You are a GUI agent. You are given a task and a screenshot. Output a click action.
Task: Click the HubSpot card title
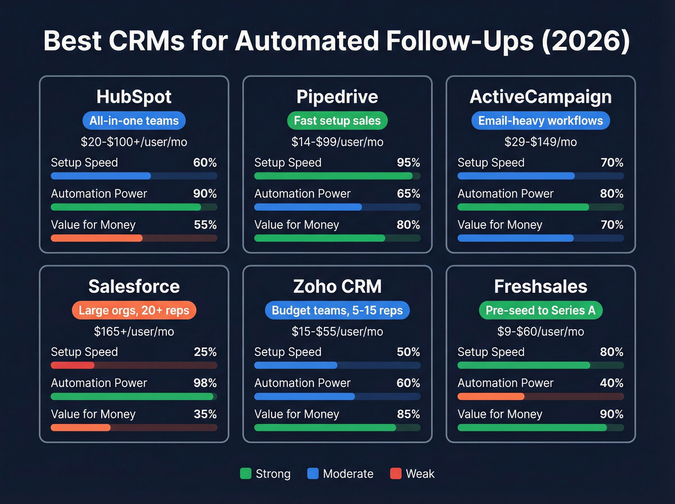(134, 96)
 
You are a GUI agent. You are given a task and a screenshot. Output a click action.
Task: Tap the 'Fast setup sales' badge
(337, 121)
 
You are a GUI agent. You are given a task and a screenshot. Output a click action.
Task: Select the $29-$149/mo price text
(540, 142)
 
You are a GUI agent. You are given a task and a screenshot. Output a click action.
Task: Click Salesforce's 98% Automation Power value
(205, 383)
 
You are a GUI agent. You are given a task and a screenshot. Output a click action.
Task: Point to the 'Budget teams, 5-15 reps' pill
(337, 310)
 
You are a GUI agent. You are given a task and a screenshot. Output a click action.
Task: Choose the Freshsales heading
(540, 286)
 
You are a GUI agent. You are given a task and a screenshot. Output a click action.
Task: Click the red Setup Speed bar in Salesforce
(72, 365)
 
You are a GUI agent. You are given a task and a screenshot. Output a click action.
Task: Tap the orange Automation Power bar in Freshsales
(490, 396)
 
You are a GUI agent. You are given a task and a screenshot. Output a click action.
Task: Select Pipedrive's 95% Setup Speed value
(408, 163)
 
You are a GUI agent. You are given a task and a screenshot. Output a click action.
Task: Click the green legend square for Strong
(246, 474)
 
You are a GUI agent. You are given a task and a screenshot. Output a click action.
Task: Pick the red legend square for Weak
(396, 474)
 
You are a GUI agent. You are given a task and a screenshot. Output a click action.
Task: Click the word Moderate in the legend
(348, 474)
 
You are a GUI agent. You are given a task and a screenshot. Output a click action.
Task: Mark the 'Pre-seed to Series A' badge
(540, 310)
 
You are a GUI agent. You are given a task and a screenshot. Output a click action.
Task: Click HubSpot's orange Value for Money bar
(96, 238)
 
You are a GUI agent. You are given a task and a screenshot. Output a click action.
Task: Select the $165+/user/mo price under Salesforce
(134, 331)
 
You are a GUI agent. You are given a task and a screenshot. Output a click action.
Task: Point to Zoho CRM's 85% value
(408, 414)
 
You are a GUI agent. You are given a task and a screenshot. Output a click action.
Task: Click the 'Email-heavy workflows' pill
(540, 121)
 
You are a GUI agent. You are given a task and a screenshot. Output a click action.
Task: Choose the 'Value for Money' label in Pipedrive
(297, 225)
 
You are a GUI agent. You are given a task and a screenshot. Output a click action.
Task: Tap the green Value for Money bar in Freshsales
(532, 427)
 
